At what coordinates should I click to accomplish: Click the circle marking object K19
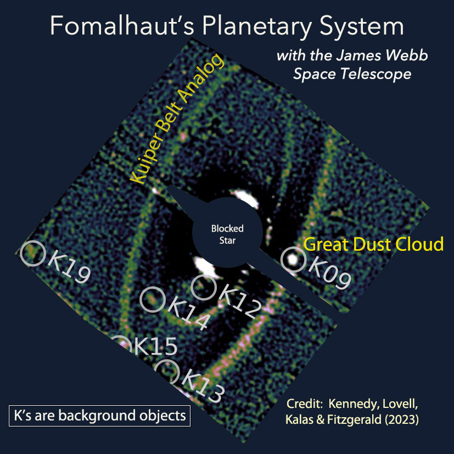point(32,254)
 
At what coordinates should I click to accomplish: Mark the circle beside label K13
point(166,372)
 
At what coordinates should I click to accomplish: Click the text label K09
point(329,272)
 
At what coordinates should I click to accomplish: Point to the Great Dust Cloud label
point(373,244)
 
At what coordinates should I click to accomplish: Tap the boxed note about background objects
point(99,415)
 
